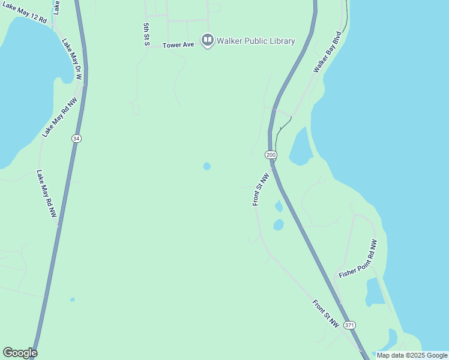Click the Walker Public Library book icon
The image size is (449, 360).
pyautogui.click(x=208, y=41)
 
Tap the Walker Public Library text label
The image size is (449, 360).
pyautogui.click(x=256, y=41)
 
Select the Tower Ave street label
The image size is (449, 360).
pyautogui.click(x=178, y=44)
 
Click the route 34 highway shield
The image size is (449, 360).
pyautogui.click(x=76, y=139)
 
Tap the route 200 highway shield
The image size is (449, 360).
pyautogui.click(x=271, y=154)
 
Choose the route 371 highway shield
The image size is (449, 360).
pyautogui.click(x=350, y=325)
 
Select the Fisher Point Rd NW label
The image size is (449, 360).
pyautogui.click(x=358, y=259)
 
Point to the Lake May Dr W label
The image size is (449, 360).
pyautogui.click(x=72, y=59)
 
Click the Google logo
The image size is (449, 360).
pyautogui.click(x=20, y=353)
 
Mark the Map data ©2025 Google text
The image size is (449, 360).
pyautogui.click(x=412, y=355)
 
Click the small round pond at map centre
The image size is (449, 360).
pyautogui.click(x=207, y=166)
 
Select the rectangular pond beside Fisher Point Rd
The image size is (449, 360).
pyautogui.click(x=375, y=292)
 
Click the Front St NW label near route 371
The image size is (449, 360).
pyautogui.click(x=326, y=313)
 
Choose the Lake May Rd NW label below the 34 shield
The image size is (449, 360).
pyautogui.click(x=46, y=194)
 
